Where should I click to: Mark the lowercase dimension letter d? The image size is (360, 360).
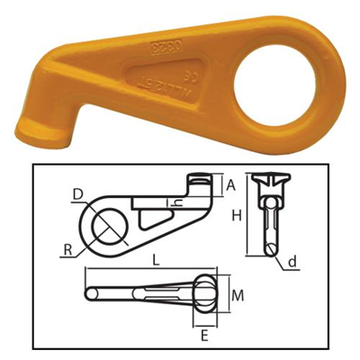point(293,262)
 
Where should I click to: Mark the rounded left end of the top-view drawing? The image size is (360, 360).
point(90,294)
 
